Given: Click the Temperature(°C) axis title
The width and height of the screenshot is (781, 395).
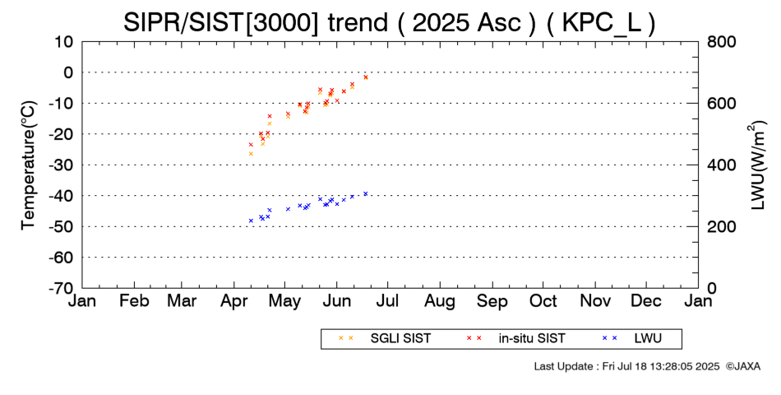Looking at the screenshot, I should click(28, 165).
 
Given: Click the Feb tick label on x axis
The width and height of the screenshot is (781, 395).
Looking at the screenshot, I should click(134, 301).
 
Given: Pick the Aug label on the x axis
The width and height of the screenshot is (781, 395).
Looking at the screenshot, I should click(441, 301).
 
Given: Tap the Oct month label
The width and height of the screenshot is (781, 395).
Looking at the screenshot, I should click(543, 301).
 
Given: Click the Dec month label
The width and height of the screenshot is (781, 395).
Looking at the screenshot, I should click(646, 301).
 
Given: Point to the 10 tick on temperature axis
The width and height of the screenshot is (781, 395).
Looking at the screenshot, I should click(64, 42).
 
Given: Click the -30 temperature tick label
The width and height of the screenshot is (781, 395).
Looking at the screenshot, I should click(61, 165).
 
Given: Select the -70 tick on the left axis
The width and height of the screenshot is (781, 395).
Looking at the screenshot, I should click(61, 289).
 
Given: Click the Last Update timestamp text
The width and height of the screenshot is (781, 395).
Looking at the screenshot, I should click(626, 366).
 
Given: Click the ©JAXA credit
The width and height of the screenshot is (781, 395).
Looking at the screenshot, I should click(742, 366).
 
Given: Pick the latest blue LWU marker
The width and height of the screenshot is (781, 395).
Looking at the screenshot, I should click(365, 194).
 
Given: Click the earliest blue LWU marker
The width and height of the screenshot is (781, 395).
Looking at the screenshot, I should click(251, 221).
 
